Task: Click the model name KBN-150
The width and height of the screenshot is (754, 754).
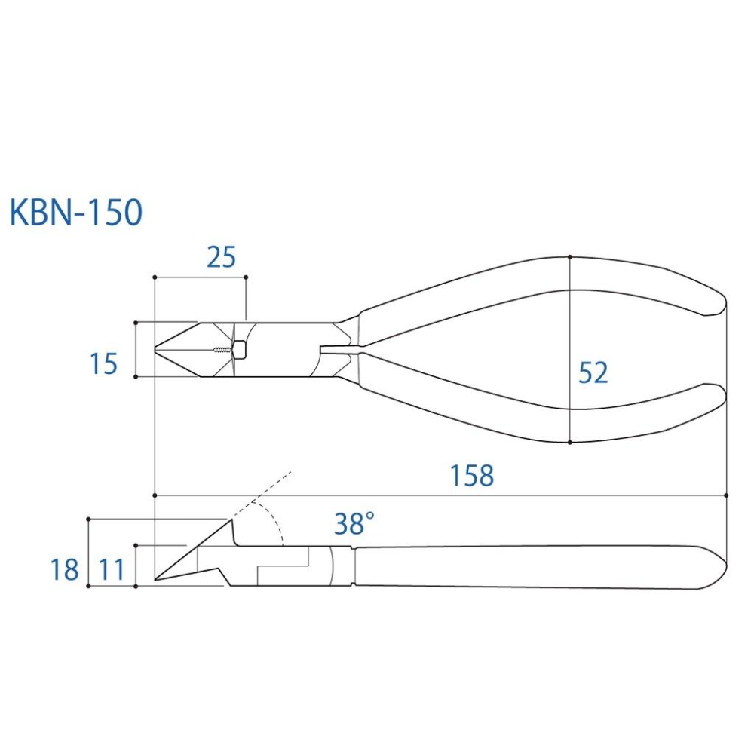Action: tap(76, 213)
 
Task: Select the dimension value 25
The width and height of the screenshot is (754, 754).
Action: tap(221, 258)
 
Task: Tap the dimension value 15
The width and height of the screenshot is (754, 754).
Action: tap(104, 364)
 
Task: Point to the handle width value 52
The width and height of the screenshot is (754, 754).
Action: tap(593, 372)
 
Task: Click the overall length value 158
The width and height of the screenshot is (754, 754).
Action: tap(472, 476)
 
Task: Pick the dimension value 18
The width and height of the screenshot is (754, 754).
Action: tap(65, 569)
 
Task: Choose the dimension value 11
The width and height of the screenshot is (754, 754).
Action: tap(112, 569)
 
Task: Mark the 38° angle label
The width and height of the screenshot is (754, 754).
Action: tap(354, 523)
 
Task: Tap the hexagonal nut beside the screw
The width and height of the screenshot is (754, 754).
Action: tap(240, 350)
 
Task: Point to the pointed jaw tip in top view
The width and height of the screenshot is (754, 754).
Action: tap(158, 349)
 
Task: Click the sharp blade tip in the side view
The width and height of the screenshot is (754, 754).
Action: tap(157, 579)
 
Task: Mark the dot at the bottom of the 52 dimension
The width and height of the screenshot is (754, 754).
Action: tap(570, 443)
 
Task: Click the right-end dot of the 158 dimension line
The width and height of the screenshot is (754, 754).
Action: tap(725, 495)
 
